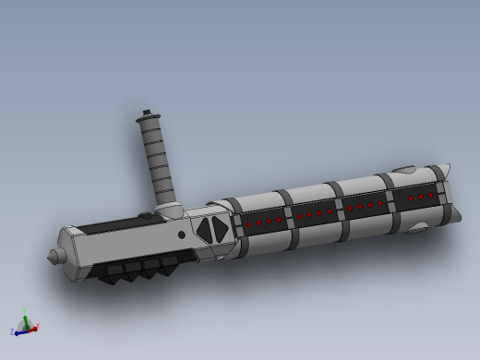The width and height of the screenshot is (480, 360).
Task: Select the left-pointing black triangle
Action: (x=203, y=230)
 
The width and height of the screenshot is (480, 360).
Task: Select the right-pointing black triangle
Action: (x=222, y=231)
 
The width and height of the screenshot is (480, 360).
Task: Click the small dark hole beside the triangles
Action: (x=182, y=234)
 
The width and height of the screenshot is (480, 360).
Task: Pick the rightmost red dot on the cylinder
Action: (x=430, y=196)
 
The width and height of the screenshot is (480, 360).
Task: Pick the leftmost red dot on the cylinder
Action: (x=249, y=223)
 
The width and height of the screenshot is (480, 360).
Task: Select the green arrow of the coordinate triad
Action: (x=26, y=320)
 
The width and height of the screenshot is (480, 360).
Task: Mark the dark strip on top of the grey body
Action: (x=111, y=224)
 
